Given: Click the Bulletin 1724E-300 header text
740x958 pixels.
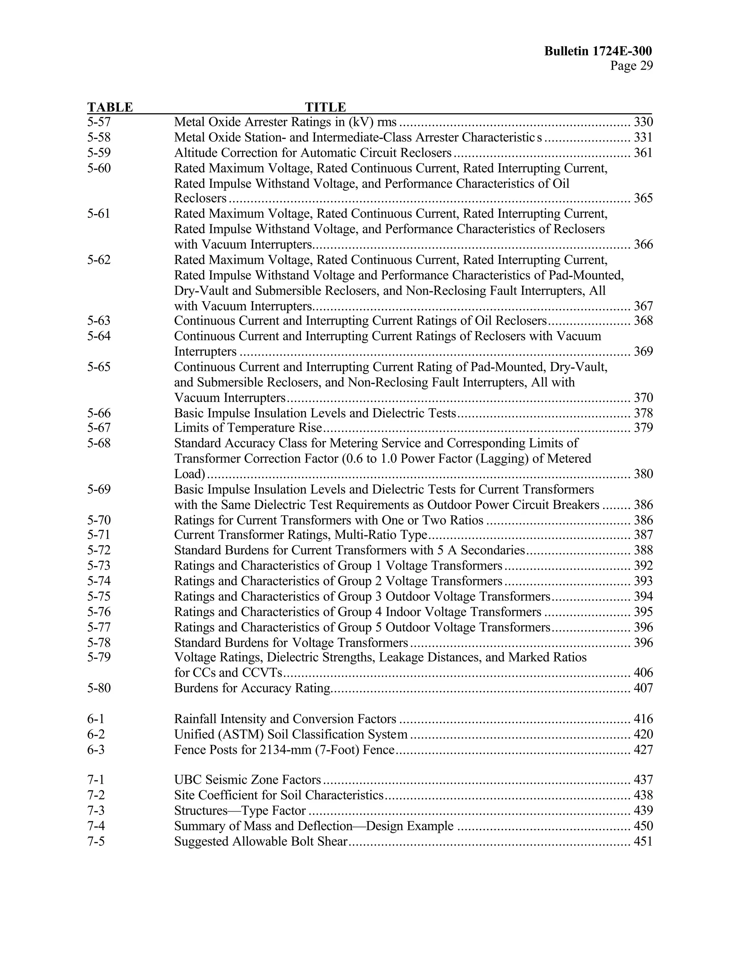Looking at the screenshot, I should (598, 51).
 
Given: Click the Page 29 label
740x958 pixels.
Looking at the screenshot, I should (631, 66).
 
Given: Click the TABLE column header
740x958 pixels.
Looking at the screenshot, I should (110, 107).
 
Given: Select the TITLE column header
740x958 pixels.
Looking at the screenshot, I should (325, 107).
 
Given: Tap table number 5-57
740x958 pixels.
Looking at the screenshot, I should (99, 122).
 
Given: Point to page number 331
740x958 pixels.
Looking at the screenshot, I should (643, 137).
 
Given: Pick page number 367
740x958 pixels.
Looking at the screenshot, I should (643, 306).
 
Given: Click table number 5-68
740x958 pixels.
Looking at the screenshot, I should (99, 443).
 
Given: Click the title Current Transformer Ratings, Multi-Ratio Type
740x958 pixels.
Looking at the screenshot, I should (301, 535).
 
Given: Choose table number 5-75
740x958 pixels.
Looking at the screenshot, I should (99, 596).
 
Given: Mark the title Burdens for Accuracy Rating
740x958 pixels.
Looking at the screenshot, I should (252, 688).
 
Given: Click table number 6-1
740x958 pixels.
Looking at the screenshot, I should (96, 719).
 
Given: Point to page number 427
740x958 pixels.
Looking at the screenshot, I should (643, 750).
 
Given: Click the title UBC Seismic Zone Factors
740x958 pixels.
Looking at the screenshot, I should (248, 779).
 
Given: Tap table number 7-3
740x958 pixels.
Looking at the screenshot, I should (96, 810).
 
